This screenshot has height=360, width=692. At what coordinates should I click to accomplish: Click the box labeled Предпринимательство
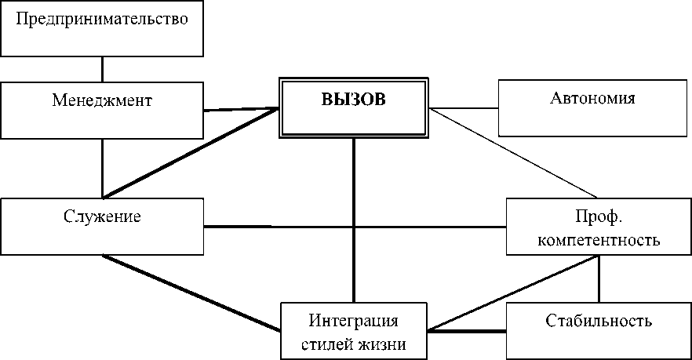point(102,27)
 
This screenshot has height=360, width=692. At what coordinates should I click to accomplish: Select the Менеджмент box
point(102,109)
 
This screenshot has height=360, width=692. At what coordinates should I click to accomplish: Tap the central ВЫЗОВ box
point(354,107)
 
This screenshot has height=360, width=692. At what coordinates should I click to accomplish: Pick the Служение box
point(102,226)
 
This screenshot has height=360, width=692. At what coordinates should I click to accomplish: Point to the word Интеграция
point(353,321)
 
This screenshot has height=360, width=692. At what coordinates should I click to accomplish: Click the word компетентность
point(599,239)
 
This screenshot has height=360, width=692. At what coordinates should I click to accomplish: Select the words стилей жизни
point(353,343)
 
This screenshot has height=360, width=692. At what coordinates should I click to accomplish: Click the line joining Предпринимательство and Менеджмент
point(102,67)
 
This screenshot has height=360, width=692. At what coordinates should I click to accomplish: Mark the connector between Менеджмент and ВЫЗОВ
point(242,109)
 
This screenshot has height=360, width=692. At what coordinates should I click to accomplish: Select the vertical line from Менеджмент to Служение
point(102,167)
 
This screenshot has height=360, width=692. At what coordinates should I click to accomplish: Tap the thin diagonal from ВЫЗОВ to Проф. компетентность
point(514,153)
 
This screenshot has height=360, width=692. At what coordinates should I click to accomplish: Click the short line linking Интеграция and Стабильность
point(467,332)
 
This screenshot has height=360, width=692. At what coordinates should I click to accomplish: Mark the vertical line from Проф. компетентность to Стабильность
point(599,279)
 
